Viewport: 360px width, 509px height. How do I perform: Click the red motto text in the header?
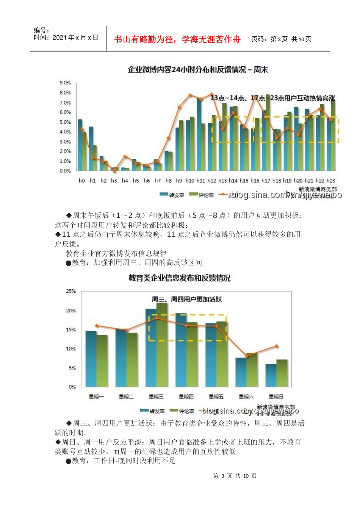(x=177, y=39)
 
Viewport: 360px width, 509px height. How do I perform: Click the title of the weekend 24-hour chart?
(x=198, y=70)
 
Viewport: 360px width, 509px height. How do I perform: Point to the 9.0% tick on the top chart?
(x=65, y=83)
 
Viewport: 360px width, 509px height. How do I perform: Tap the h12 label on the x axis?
(x=211, y=181)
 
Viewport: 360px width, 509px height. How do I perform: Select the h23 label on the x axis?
(x=330, y=181)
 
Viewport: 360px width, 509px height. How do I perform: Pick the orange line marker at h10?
(x=190, y=95)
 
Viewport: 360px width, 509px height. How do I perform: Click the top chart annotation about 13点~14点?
(x=272, y=98)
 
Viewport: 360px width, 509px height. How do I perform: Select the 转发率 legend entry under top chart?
(x=172, y=195)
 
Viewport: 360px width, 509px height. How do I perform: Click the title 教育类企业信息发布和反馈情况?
(x=179, y=278)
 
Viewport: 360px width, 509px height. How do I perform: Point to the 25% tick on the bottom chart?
(x=71, y=291)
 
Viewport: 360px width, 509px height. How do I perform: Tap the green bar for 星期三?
(x=162, y=345)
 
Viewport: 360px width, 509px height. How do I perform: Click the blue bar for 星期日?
(x=271, y=375)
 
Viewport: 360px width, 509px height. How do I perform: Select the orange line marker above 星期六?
(x=247, y=356)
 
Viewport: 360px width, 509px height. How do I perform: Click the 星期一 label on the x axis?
(x=96, y=397)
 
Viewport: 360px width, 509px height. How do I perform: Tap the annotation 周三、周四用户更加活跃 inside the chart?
(x=187, y=299)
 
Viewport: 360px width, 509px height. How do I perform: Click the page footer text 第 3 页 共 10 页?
(x=235, y=476)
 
